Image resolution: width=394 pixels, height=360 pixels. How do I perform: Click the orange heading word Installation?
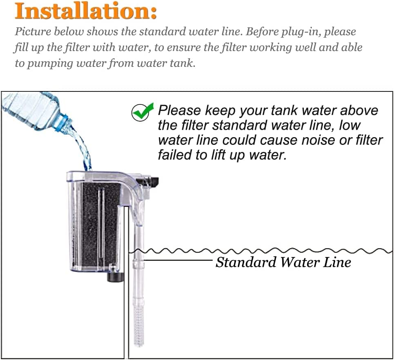click(85, 11)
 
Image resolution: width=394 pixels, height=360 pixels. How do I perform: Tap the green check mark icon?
click(142, 112)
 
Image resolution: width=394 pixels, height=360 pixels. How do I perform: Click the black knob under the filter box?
click(115, 277)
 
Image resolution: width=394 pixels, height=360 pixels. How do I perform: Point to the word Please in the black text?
click(179, 111)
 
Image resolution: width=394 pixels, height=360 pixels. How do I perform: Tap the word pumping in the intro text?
click(51, 63)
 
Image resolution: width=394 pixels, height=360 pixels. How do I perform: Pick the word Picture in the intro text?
click(33, 32)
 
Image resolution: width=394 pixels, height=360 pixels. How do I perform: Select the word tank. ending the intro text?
click(183, 63)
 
